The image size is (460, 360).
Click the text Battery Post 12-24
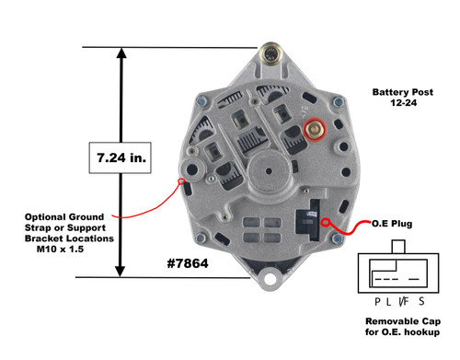(397, 99)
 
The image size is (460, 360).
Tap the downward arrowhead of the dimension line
(120, 271)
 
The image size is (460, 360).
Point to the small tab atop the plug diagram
(397, 246)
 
